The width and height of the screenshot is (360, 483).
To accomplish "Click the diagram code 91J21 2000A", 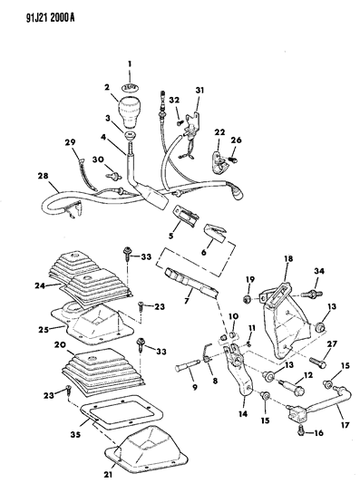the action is click(50, 18).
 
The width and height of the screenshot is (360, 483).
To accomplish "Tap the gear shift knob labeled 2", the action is click(129, 111).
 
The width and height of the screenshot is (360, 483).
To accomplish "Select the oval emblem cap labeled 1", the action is click(130, 87).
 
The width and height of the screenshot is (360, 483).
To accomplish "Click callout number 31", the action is click(199, 91).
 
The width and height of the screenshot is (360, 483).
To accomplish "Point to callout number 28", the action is click(44, 176).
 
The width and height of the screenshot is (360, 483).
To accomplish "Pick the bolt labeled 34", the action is click(311, 294).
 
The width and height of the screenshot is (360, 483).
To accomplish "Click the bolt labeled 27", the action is click(318, 362).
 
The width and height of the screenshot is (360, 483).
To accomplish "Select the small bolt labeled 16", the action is click(301, 430).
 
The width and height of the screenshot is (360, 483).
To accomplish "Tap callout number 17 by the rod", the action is click(345, 425).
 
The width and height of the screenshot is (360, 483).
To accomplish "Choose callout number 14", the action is click(243, 413).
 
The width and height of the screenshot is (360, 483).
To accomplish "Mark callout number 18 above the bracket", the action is click(288, 258).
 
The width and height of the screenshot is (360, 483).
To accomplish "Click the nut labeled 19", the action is click(247, 298).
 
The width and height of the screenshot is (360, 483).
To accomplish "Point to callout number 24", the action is click(40, 285).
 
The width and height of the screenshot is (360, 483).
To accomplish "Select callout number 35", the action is click(75, 434).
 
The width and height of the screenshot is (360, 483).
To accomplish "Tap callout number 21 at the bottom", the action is click(108, 475).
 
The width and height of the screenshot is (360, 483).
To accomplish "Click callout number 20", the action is click(61, 344).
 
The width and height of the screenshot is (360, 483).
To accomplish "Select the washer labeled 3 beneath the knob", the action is click(131, 135).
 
